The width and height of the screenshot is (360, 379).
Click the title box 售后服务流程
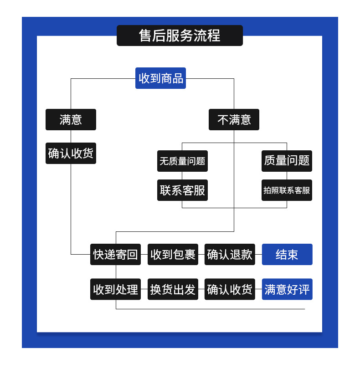[x=180, y=36]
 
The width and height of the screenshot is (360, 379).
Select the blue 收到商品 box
[x=160, y=78]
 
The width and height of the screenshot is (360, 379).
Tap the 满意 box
[x=71, y=119]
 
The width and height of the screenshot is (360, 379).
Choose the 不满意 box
[x=234, y=119]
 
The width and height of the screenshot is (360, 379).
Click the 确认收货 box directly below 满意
[x=71, y=153]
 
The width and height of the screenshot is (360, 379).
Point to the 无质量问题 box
[x=182, y=161]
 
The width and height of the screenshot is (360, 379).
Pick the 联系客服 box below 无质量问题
[x=182, y=190]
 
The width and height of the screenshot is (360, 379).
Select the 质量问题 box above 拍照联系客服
[x=287, y=161]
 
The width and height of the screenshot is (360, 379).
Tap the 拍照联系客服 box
[x=287, y=190]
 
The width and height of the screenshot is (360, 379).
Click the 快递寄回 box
[x=115, y=254]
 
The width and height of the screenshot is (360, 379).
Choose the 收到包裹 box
[x=173, y=254]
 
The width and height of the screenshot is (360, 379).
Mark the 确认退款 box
[x=230, y=254]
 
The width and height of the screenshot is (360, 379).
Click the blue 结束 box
[x=287, y=254]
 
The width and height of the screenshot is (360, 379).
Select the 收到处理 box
[x=115, y=289]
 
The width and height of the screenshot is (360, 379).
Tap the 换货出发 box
[x=173, y=289]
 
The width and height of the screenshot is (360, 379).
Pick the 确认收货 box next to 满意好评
[x=230, y=289]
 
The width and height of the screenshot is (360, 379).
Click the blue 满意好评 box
[x=287, y=289]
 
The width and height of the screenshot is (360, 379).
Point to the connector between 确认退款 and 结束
[x=258, y=254]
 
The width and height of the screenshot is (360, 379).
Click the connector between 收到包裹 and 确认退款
[x=201, y=254]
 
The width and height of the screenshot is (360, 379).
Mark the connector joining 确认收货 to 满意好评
[x=258, y=289]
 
